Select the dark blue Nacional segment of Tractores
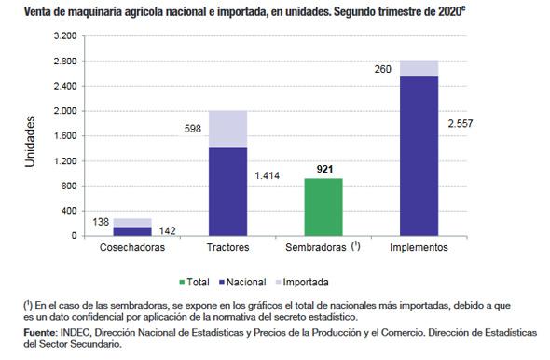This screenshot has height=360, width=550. [227, 191]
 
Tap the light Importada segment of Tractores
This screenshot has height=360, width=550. [227, 129]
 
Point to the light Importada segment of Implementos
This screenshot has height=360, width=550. [419, 68]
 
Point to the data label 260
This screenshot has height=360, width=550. [382, 68]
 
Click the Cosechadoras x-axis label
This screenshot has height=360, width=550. [132, 248]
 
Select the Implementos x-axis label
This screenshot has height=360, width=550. [419, 248]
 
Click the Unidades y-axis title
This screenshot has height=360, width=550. [30, 140]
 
